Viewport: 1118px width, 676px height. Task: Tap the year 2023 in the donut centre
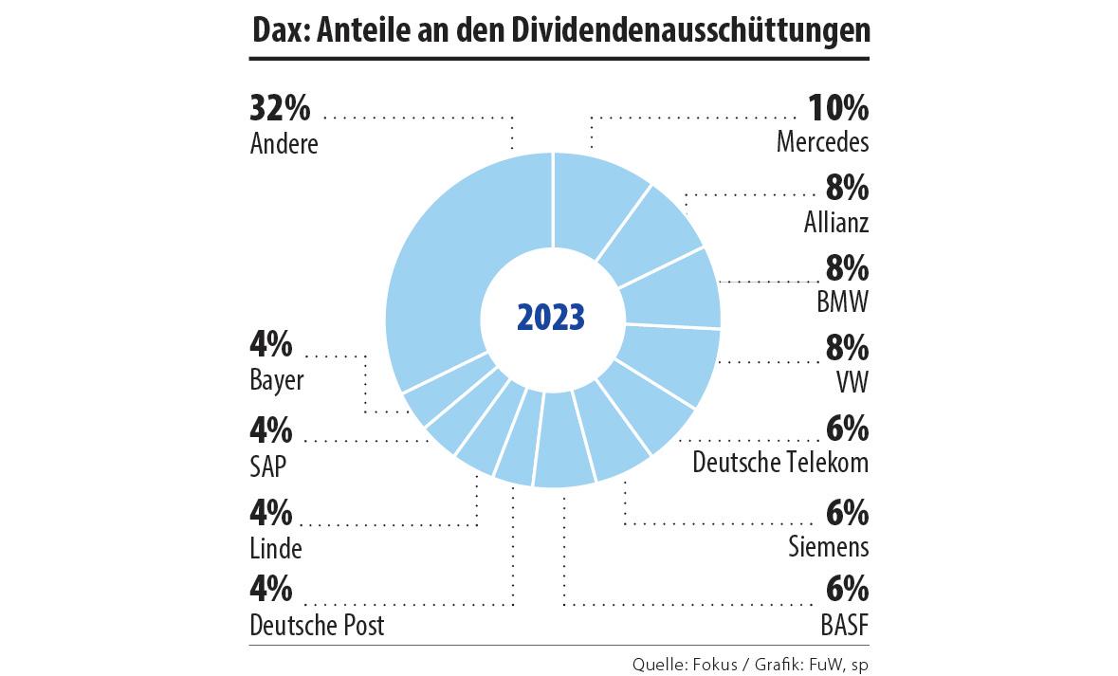tap(551, 317)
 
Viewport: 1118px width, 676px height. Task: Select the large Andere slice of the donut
tap(446, 275)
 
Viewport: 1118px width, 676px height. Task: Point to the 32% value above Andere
tap(280, 109)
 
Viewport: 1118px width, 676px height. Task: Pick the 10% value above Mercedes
tap(837, 109)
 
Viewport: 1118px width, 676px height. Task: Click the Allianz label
tap(834, 223)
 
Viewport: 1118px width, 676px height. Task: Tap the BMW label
tap(842, 302)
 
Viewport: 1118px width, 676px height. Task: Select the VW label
tap(852, 382)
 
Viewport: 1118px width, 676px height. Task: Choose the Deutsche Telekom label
tap(780, 463)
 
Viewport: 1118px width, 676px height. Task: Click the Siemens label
tap(828, 546)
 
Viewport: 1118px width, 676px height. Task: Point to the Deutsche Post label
tap(318, 627)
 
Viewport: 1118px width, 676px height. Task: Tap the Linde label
tap(276, 548)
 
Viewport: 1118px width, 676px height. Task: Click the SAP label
tap(268, 466)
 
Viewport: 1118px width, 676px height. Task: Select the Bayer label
tap(277, 381)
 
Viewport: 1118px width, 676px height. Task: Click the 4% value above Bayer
tap(271, 348)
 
